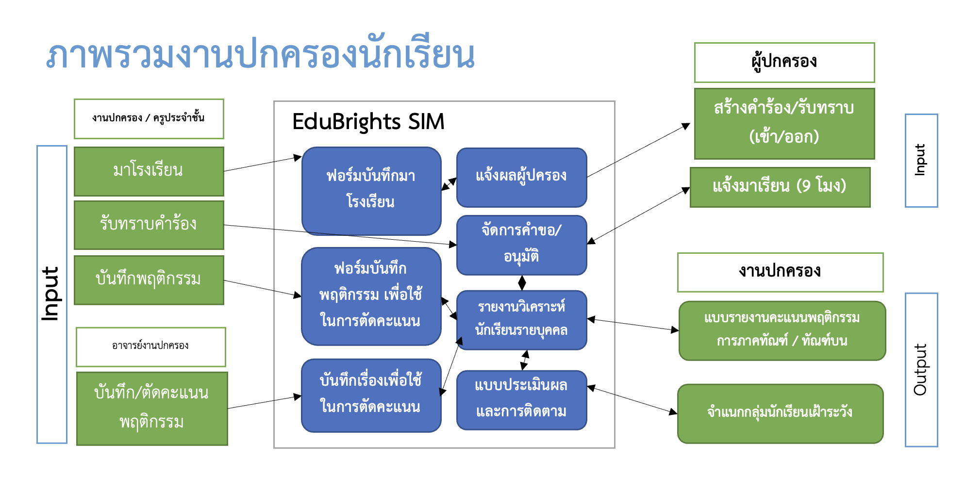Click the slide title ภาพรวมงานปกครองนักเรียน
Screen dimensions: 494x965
[261, 55]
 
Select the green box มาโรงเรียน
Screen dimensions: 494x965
[149, 171]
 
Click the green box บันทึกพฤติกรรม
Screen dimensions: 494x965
[149, 280]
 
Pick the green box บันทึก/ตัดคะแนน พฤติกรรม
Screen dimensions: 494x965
[152, 408]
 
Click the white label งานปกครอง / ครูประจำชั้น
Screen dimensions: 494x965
[149, 118]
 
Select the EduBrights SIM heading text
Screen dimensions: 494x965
[368, 121]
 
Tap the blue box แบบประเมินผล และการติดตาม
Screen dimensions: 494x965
[521, 399]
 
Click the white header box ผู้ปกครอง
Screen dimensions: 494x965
[784, 62]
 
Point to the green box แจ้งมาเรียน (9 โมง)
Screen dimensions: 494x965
[780, 187]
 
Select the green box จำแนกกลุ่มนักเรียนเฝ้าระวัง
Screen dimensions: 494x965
[780, 413]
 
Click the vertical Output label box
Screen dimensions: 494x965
[921, 369]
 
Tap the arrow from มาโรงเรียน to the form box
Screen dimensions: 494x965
[262, 164]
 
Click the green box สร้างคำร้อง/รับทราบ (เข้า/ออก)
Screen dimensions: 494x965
[784, 123]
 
